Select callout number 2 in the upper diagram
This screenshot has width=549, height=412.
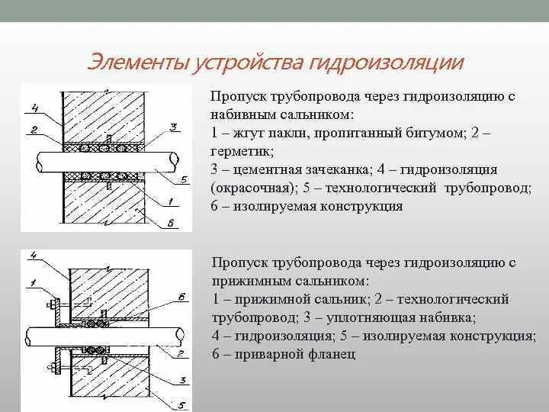click(34, 130)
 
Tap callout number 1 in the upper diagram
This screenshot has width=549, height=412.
click(173, 201)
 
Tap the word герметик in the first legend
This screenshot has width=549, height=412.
click(241, 151)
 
